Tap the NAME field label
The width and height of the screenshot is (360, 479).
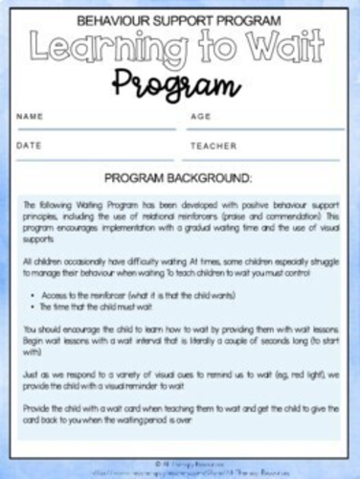point(31,117)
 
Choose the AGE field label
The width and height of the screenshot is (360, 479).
point(201,117)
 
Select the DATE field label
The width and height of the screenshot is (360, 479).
point(30,146)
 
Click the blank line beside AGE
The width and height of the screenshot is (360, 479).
point(278,127)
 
